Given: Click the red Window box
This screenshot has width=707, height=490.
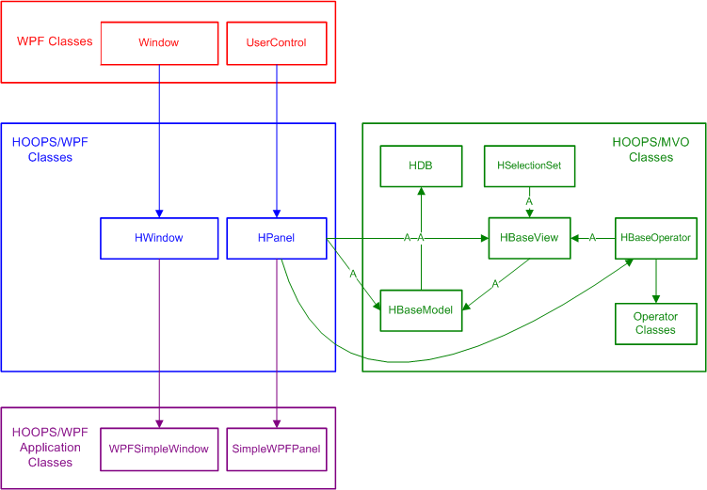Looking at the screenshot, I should click(158, 43).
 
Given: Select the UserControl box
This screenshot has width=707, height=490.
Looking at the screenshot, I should click(276, 43).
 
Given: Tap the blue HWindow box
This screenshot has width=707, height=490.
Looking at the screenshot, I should click(158, 238).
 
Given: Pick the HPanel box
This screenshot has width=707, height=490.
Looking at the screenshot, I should click(276, 238).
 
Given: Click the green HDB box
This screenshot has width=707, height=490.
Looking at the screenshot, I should click(421, 166).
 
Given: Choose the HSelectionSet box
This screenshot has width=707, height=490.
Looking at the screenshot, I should click(529, 166).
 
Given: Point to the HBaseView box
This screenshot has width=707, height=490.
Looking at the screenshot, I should click(530, 238).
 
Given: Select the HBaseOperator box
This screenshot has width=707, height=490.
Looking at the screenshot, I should click(655, 238).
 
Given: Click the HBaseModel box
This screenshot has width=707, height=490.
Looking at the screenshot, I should click(422, 310).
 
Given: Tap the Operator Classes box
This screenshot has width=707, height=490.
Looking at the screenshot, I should click(655, 324).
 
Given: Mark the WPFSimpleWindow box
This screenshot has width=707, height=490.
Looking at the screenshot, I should click(158, 449).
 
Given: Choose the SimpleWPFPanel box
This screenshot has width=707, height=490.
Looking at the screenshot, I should click(276, 449).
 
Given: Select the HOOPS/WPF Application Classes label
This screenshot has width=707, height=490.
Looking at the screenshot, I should click(51, 448).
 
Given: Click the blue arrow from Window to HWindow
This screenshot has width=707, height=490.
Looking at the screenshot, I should click(158, 141).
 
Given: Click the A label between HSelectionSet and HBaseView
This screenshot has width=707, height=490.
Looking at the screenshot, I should click(530, 201).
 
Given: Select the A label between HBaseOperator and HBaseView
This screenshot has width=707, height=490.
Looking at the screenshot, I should click(593, 238).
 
